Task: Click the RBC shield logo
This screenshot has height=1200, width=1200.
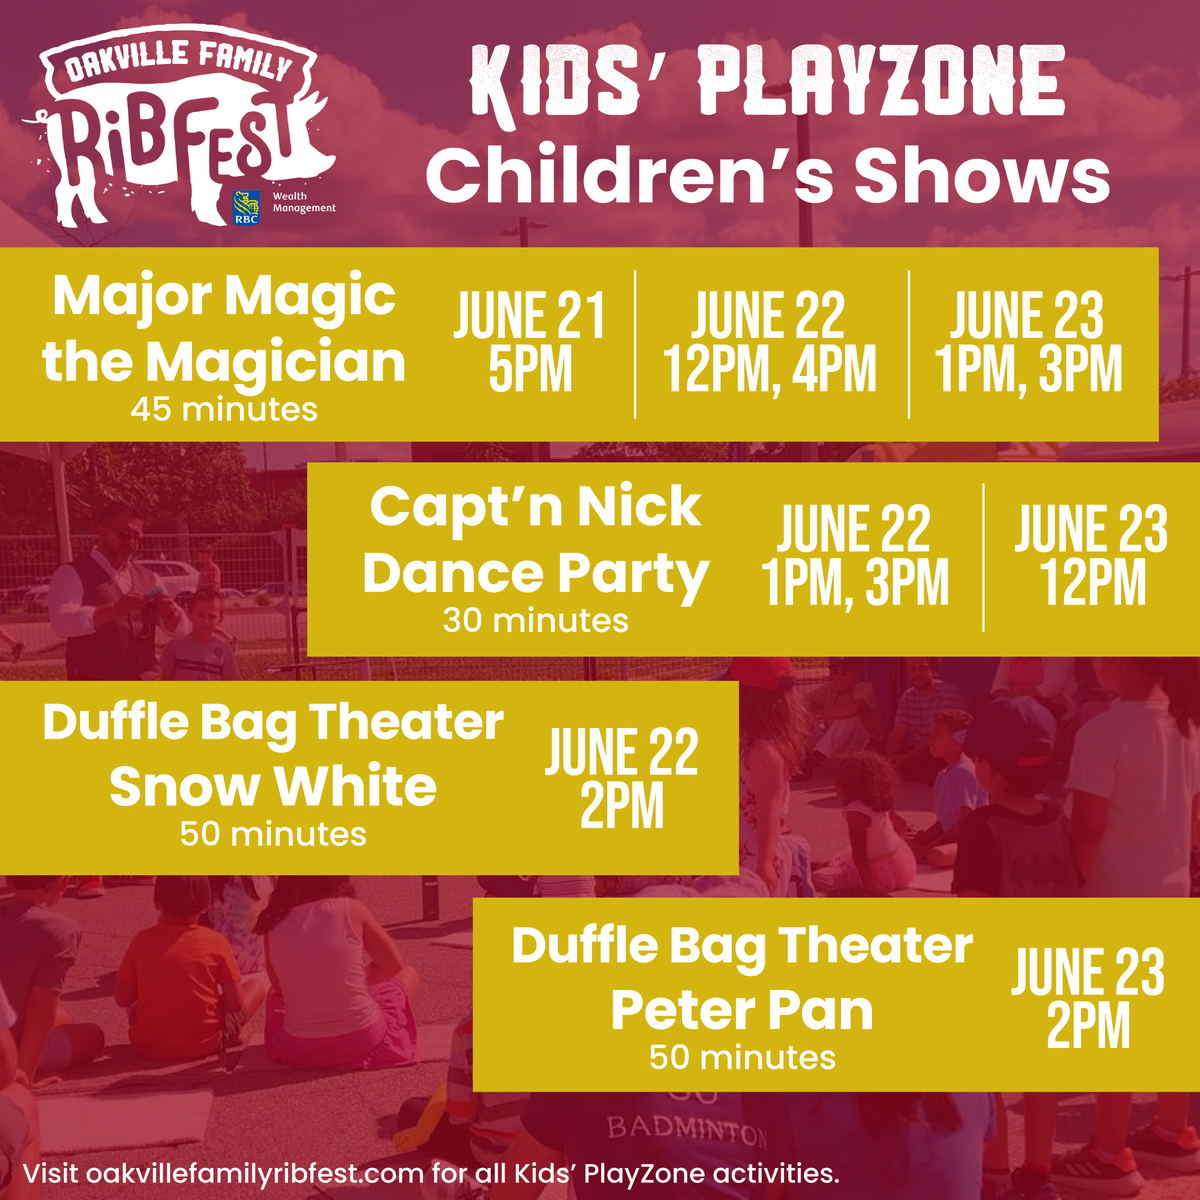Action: tap(245, 206)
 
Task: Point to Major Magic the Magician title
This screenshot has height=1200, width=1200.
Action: tap(224, 330)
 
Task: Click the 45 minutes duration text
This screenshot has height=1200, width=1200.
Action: tap(224, 409)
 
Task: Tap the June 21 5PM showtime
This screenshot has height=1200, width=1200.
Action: tap(530, 343)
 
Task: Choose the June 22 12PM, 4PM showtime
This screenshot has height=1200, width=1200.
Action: tap(769, 343)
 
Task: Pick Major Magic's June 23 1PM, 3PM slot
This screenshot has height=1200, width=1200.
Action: tap(1028, 343)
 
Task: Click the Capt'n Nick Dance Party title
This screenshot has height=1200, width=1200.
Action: tap(535, 541)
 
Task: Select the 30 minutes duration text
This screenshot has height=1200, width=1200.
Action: tap(535, 621)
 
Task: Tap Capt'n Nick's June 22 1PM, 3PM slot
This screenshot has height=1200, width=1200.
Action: tap(855, 556)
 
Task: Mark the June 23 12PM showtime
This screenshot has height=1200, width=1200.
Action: tap(1092, 556)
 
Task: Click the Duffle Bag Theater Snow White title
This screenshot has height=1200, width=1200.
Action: tap(273, 755)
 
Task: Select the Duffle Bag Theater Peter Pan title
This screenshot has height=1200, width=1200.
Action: tap(742, 979)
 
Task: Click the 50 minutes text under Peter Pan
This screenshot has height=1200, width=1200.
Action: tap(742, 1058)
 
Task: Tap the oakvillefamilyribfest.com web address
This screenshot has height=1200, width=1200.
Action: tap(255, 1173)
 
